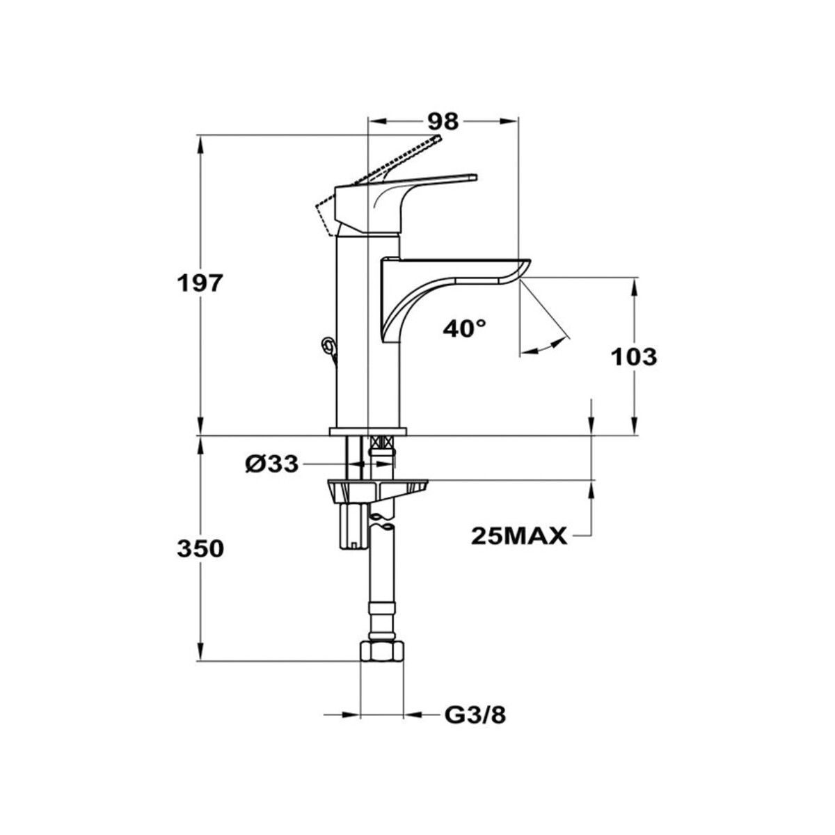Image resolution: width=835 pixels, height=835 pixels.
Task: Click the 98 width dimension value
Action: coord(443,122)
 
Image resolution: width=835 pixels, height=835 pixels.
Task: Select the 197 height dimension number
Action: coord(200,284)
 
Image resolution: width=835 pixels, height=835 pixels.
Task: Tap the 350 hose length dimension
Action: coord(200,549)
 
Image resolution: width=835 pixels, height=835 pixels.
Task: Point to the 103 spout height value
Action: coord(634,358)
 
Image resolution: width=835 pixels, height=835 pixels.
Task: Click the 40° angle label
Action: coord(465,329)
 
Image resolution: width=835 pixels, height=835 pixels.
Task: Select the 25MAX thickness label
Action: coord(519,536)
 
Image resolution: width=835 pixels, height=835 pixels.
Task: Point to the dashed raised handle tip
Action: coord(438,138)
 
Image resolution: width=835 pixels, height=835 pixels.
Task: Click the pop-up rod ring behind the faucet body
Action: coord(327,344)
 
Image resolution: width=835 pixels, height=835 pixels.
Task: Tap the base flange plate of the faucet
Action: coord(368,431)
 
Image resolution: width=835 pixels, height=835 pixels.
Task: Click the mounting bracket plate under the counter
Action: coord(378,488)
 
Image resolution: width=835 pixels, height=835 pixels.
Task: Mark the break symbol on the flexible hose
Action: coord(382,522)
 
